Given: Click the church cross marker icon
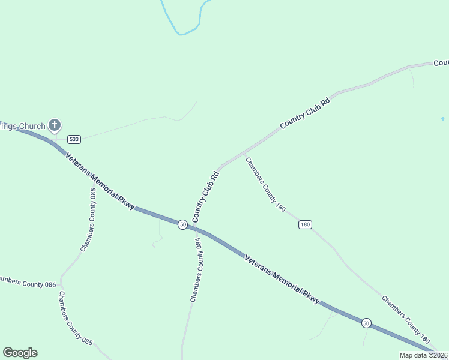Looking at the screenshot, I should pos(55,125).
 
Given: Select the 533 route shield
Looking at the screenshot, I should pos(74,139).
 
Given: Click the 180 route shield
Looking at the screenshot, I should pos(305,224).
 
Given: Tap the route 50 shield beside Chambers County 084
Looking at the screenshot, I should pos(182,224).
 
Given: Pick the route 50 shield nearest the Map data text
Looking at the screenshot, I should pos(366,323).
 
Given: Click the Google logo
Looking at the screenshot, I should pos(20,353).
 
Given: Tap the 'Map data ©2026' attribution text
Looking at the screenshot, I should pos(423,355).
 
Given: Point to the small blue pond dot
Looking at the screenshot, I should pos(443,118).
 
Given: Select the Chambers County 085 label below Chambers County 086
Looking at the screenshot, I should pos(75,318).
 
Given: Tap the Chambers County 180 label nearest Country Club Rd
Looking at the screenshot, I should pos(265,184).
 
